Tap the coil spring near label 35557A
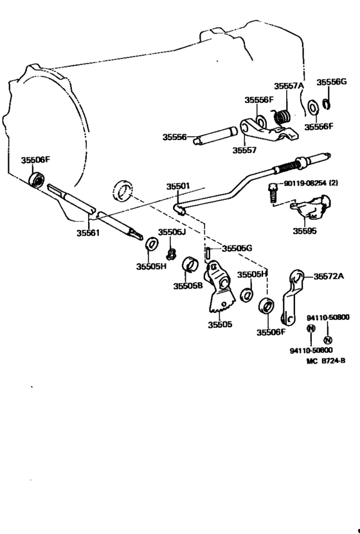pyautogui.click(x=280, y=117)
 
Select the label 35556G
pyautogui.click(x=331, y=82)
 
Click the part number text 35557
pyautogui.click(x=246, y=150)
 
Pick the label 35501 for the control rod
pyautogui.click(x=178, y=186)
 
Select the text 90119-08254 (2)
pyautogui.click(x=312, y=184)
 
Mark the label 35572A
pyautogui.click(x=328, y=276)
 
